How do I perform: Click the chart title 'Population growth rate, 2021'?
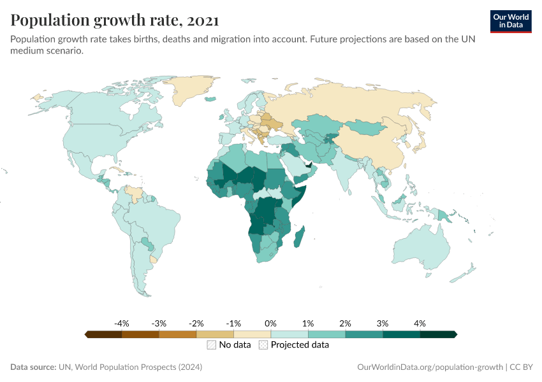[115, 20]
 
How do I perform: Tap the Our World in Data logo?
[510, 21]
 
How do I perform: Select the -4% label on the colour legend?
[122, 323]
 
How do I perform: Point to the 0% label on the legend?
[271, 323]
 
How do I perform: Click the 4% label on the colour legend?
[420, 323]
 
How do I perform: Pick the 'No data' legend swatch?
[211, 345]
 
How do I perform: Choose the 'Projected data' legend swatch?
[263, 345]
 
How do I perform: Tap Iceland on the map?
[209, 98]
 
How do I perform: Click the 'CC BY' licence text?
[523, 367]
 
